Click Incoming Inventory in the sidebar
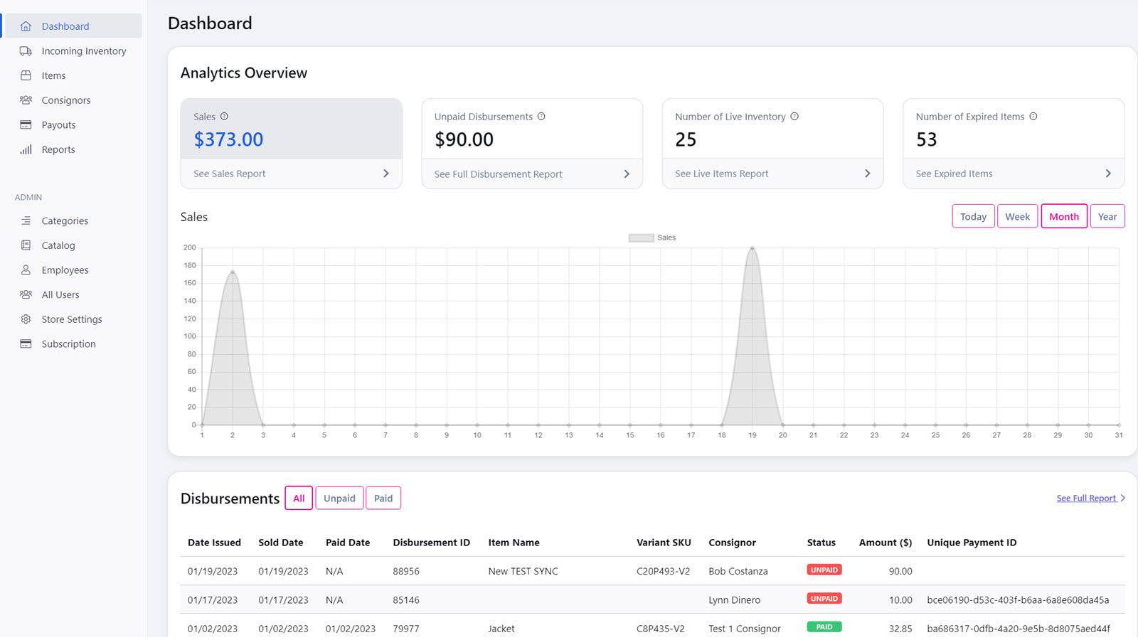[x=83, y=51]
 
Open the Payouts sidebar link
[x=58, y=125]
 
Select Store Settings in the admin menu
[x=71, y=319]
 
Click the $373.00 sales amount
[x=228, y=139]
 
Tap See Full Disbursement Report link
[x=498, y=174]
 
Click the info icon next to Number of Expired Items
[x=1033, y=117]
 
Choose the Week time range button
[x=1017, y=217]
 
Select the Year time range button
[x=1107, y=217]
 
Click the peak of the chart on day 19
[x=752, y=248]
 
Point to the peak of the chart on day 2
[x=233, y=272]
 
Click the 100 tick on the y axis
[x=190, y=336]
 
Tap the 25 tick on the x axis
[x=935, y=435]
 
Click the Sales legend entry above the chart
[x=652, y=238]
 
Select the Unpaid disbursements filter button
[x=339, y=498]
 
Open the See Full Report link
[x=1086, y=498]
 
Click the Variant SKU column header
[x=664, y=543]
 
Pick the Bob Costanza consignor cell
[x=738, y=571]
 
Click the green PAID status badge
[x=824, y=627]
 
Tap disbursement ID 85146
[x=406, y=600]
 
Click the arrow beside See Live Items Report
[x=867, y=174]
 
